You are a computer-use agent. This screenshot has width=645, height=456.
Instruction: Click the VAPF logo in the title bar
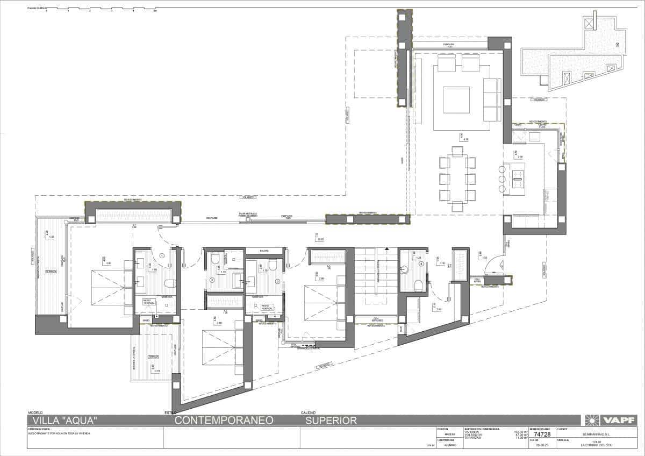(x=610, y=420)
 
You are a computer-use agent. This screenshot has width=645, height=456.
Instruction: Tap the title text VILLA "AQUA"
(x=64, y=421)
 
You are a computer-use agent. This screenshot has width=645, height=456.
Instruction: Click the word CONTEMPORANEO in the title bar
(x=224, y=421)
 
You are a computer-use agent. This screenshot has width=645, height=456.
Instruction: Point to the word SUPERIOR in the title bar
(x=331, y=421)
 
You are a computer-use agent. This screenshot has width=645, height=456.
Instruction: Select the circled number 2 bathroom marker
(x=212, y=280)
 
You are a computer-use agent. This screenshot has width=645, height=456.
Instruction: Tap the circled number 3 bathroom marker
(x=277, y=281)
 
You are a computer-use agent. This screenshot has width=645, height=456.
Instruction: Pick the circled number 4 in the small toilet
(x=421, y=263)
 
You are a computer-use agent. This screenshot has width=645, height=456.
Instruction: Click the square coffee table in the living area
(x=456, y=99)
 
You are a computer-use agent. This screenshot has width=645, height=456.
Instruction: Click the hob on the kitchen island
(x=518, y=175)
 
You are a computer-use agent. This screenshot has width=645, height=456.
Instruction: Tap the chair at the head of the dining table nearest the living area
(x=457, y=151)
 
